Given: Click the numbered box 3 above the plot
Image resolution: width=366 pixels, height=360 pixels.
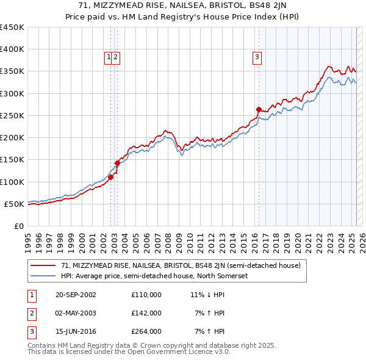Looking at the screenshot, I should tap(257, 58).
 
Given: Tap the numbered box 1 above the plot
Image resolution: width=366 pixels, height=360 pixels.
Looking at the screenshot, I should tap(109, 58).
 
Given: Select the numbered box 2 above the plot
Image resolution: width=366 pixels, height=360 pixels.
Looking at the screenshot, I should tap(115, 58).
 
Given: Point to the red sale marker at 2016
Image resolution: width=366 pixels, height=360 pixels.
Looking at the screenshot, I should tap(259, 109).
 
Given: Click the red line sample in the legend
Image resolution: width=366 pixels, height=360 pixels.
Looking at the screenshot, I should tap(44, 266).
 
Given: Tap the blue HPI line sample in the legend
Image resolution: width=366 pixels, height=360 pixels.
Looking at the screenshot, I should tap(44, 276).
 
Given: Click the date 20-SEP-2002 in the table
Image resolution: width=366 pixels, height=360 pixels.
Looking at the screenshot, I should tap(76, 295).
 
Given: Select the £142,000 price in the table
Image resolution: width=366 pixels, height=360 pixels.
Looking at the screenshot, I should tap(146, 313).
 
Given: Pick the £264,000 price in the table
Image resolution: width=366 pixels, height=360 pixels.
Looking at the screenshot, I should tap(146, 331).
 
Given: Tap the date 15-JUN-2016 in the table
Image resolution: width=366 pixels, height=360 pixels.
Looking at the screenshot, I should tap(76, 331).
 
